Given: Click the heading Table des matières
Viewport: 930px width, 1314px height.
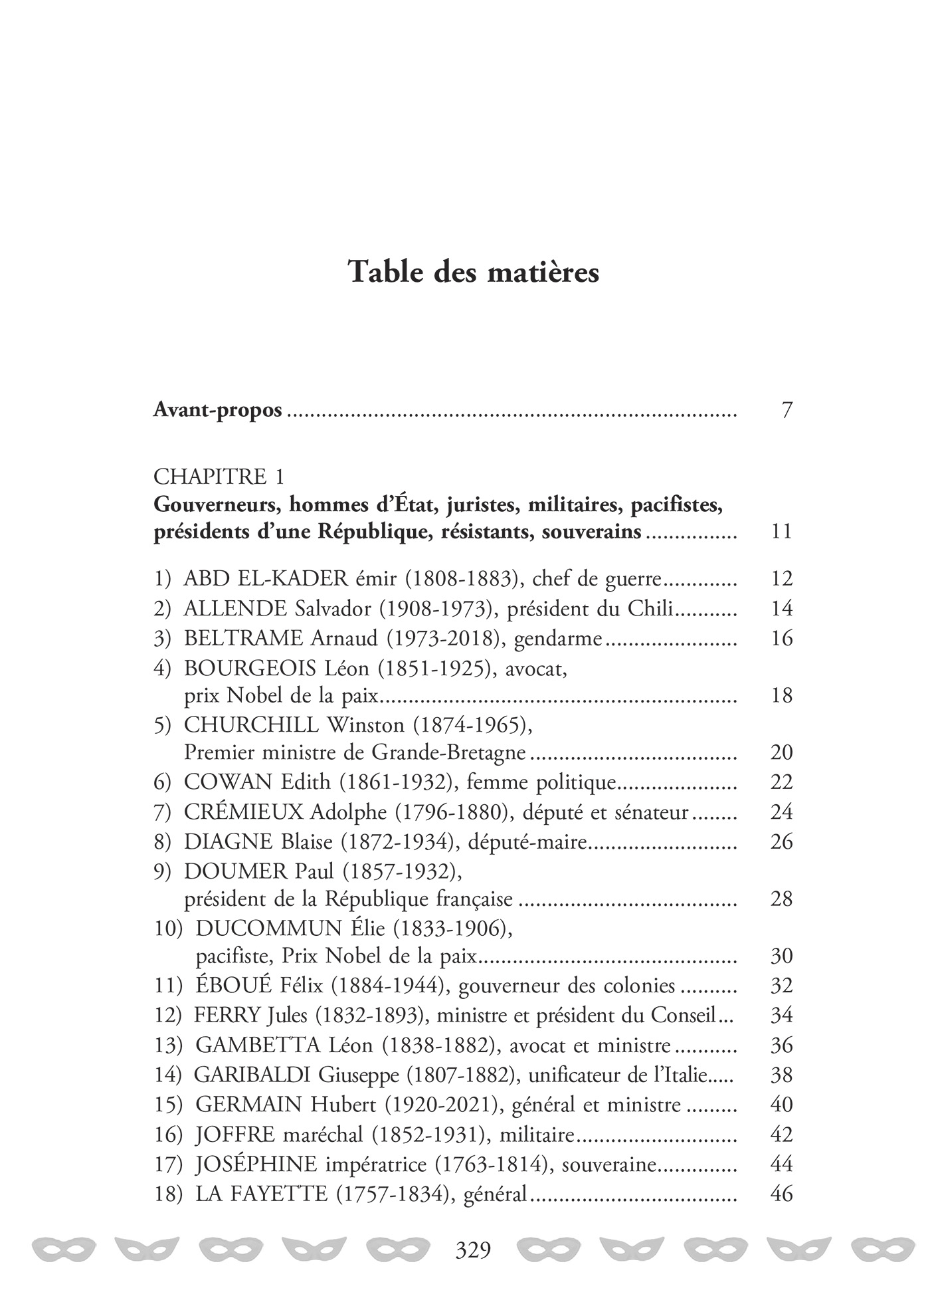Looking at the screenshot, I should pyautogui.click(x=474, y=273).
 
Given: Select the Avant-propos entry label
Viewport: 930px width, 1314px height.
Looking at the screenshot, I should pyautogui.click(x=217, y=410).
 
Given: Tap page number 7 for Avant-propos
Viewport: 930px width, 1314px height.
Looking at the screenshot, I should pyautogui.click(x=787, y=410).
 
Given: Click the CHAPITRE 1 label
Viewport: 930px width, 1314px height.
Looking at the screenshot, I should pyautogui.click(x=219, y=476).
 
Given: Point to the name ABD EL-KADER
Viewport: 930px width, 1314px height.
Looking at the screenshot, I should pyautogui.click(x=266, y=578).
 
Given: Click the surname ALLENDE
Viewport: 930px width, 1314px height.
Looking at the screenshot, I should pyautogui.click(x=235, y=608).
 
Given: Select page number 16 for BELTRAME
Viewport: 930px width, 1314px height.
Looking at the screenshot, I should pyautogui.click(x=782, y=638).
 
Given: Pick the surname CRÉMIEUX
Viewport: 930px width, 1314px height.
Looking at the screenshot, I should pyautogui.click(x=244, y=812).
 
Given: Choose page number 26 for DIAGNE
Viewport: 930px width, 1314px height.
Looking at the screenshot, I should pyautogui.click(x=782, y=841).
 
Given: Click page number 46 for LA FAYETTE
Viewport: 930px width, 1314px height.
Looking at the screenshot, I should pyautogui.click(x=782, y=1194).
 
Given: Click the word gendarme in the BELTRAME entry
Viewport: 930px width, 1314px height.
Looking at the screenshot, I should pyautogui.click(x=558, y=638).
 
